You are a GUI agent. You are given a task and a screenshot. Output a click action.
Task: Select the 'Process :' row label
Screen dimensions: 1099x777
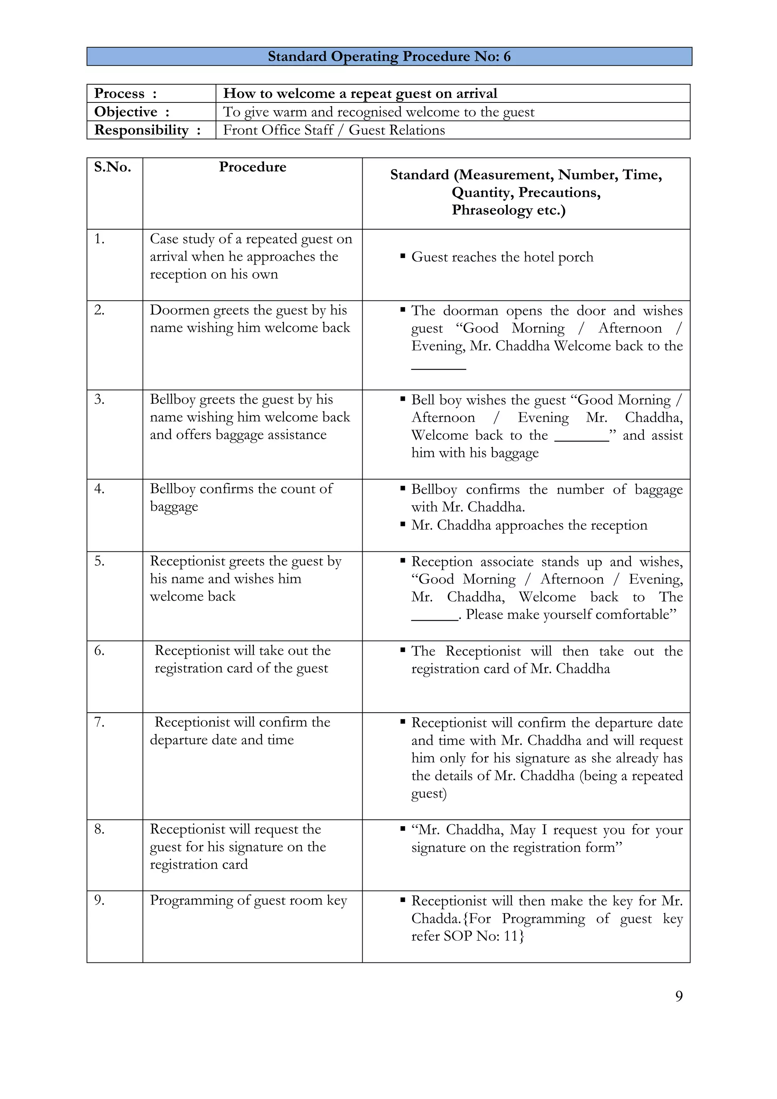point(125,93)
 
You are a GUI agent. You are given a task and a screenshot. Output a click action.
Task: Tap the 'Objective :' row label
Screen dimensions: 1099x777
point(132,112)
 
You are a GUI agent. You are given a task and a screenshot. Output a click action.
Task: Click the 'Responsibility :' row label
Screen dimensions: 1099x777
point(147,130)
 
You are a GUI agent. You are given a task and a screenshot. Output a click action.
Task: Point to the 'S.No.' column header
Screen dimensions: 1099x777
point(112,167)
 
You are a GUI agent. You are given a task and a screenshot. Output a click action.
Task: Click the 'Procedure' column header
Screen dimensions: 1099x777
point(252,167)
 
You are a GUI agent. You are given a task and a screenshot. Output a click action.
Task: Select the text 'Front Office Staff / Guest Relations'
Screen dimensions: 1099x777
point(333,130)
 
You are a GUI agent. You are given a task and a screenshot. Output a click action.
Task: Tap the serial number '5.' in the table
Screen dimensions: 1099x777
point(99,561)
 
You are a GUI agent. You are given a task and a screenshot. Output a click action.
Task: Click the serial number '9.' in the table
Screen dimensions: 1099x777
point(99,901)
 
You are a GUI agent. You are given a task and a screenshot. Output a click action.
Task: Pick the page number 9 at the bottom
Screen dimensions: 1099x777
point(678,997)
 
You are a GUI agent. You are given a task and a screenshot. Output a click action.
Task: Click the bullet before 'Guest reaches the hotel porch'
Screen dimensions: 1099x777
point(403,257)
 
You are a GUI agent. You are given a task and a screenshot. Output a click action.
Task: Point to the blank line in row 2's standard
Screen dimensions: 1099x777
point(438,368)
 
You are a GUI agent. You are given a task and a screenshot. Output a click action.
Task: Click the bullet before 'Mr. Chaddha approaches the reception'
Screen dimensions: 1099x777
point(403,525)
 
